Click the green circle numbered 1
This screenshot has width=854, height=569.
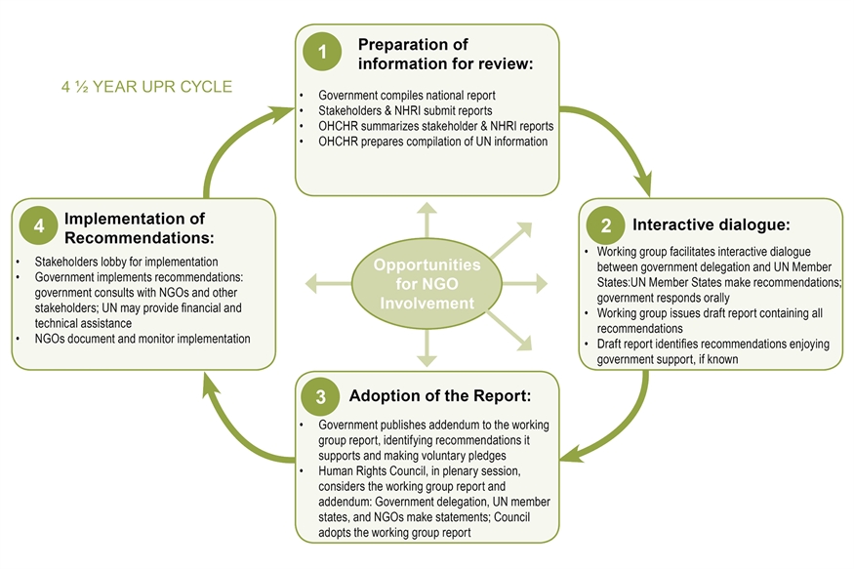323,52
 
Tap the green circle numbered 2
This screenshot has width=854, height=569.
605,225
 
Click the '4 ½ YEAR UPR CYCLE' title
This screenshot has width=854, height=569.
146,87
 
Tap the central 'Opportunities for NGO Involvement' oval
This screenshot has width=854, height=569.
427,284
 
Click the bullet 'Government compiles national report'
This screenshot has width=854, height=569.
408,96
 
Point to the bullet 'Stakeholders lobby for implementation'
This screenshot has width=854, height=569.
126,262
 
